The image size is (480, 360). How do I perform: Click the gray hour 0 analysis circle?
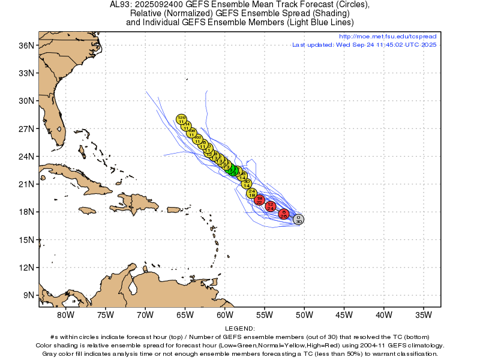(x=298, y=220)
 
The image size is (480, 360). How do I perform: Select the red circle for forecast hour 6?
(x=284, y=214)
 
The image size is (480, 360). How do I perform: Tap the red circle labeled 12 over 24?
(x=271, y=206)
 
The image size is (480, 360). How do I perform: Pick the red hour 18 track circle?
(x=260, y=200)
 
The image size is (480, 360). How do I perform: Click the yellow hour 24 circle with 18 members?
(x=252, y=193)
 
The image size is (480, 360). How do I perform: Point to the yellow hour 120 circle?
(x=181, y=119)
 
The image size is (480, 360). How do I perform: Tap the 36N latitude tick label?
(x=27, y=46)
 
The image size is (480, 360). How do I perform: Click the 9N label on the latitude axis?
(x=29, y=295)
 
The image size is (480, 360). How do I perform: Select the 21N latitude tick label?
(x=27, y=184)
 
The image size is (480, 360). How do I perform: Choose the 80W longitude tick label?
(x=65, y=314)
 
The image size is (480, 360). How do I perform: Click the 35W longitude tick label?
(x=424, y=314)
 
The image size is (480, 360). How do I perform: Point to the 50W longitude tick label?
(x=304, y=314)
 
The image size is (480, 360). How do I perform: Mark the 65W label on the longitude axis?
(x=185, y=314)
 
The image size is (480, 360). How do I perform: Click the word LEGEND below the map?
(x=240, y=329)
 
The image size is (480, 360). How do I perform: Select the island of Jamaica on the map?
(x=88, y=210)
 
